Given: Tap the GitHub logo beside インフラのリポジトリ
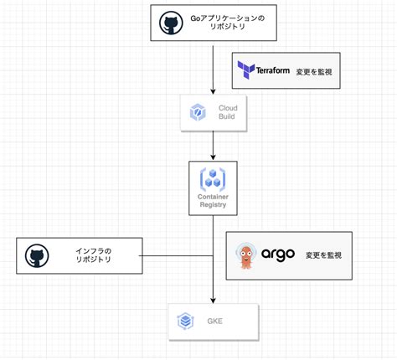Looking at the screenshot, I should click(35, 256).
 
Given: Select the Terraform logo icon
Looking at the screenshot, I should click(246, 70).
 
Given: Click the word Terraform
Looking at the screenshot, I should click(272, 70).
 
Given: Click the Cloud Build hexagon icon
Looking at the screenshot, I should click(198, 111).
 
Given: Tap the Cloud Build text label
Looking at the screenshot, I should click(227, 112).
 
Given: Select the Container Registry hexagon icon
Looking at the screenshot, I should click(213, 178).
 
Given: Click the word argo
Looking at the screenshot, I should click(278, 255).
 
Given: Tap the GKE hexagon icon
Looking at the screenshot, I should click(185, 321).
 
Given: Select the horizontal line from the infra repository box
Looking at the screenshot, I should click(176, 256).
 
